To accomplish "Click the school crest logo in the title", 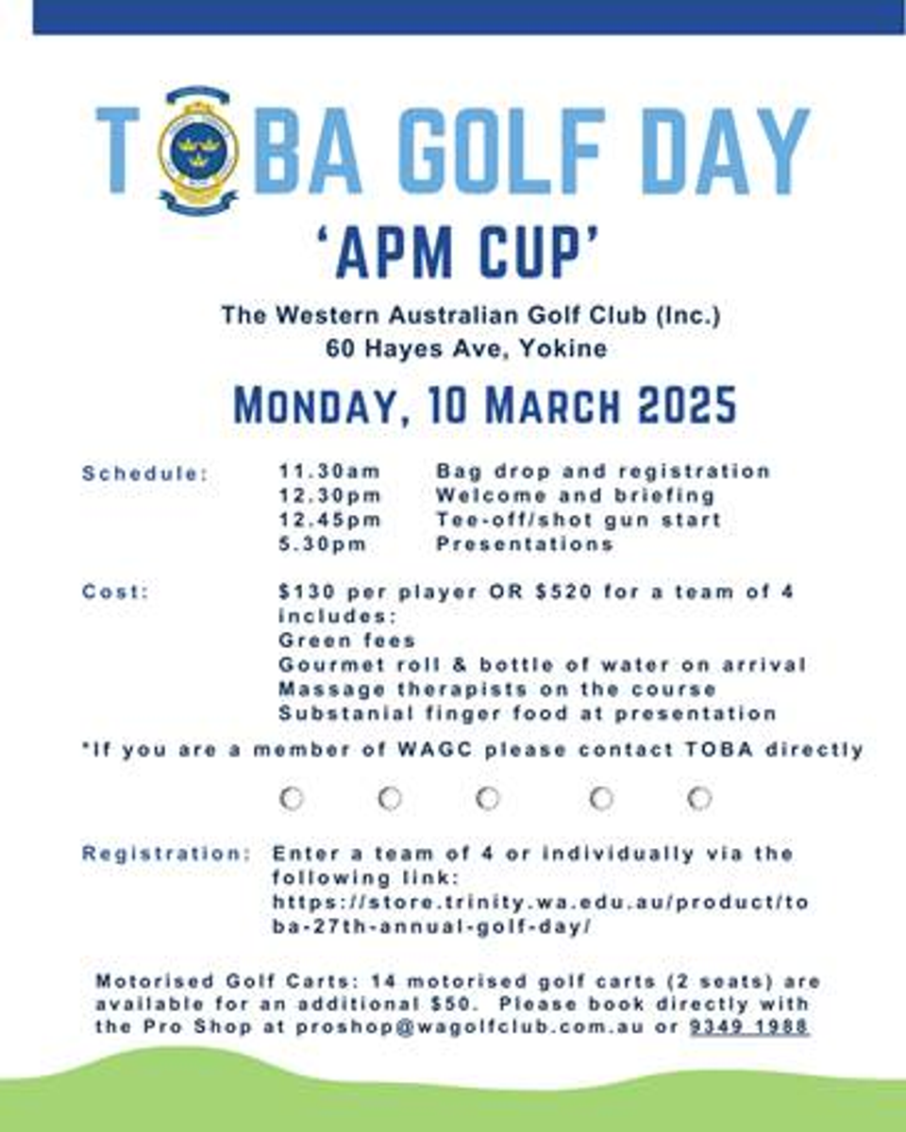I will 198,152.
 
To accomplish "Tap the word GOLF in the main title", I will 501,152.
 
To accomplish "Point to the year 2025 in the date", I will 686,406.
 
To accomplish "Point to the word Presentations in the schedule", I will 525,544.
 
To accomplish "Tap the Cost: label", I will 116,592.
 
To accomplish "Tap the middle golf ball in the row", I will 488,799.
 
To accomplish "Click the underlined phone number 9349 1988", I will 749,1026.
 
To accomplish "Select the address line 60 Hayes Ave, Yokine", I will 467,348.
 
